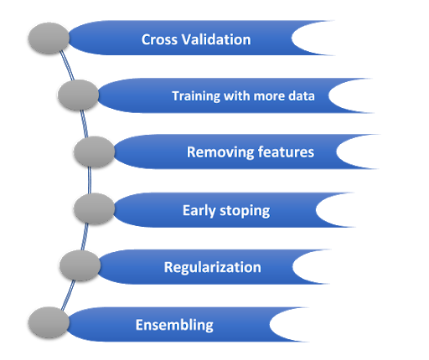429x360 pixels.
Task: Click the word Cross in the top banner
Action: click(x=159, y=39)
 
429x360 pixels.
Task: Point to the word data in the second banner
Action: click(x=301, y=95)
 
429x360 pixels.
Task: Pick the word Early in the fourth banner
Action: click(x=200, y=209)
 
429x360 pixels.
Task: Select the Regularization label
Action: click(x=212, y=267)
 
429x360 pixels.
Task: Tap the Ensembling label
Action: click(x=174, y=325)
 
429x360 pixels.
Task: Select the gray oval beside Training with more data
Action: click(x=78, y=95)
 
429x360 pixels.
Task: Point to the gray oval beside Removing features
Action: click(x=94, y=152)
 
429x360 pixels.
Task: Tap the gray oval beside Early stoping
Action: click(x=94, y=208)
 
